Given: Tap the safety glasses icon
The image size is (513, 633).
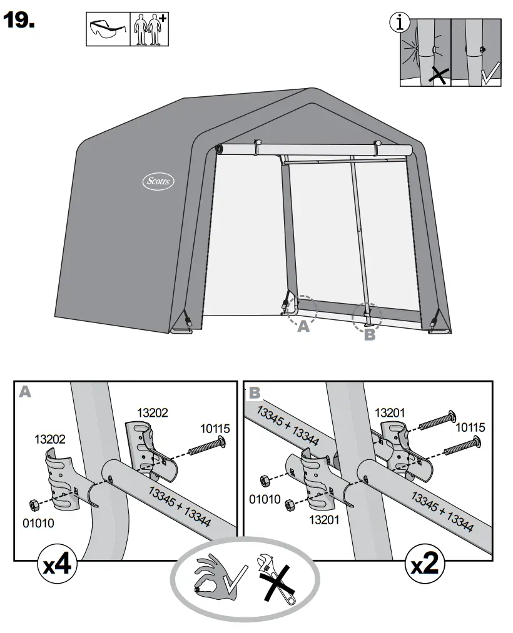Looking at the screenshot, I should [x=107, y=29].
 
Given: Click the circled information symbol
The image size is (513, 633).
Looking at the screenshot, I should [x=400, y=23].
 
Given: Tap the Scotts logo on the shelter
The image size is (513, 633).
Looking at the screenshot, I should [x=157, y=182].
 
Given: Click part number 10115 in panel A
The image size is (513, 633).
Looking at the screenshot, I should [x=215, y=429].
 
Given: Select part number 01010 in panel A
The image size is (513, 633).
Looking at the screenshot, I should [x=39, y=522].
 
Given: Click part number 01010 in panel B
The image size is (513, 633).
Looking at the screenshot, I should [x=265, y=499].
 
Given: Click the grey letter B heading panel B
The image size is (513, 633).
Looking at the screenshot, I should [x=254, y=392].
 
